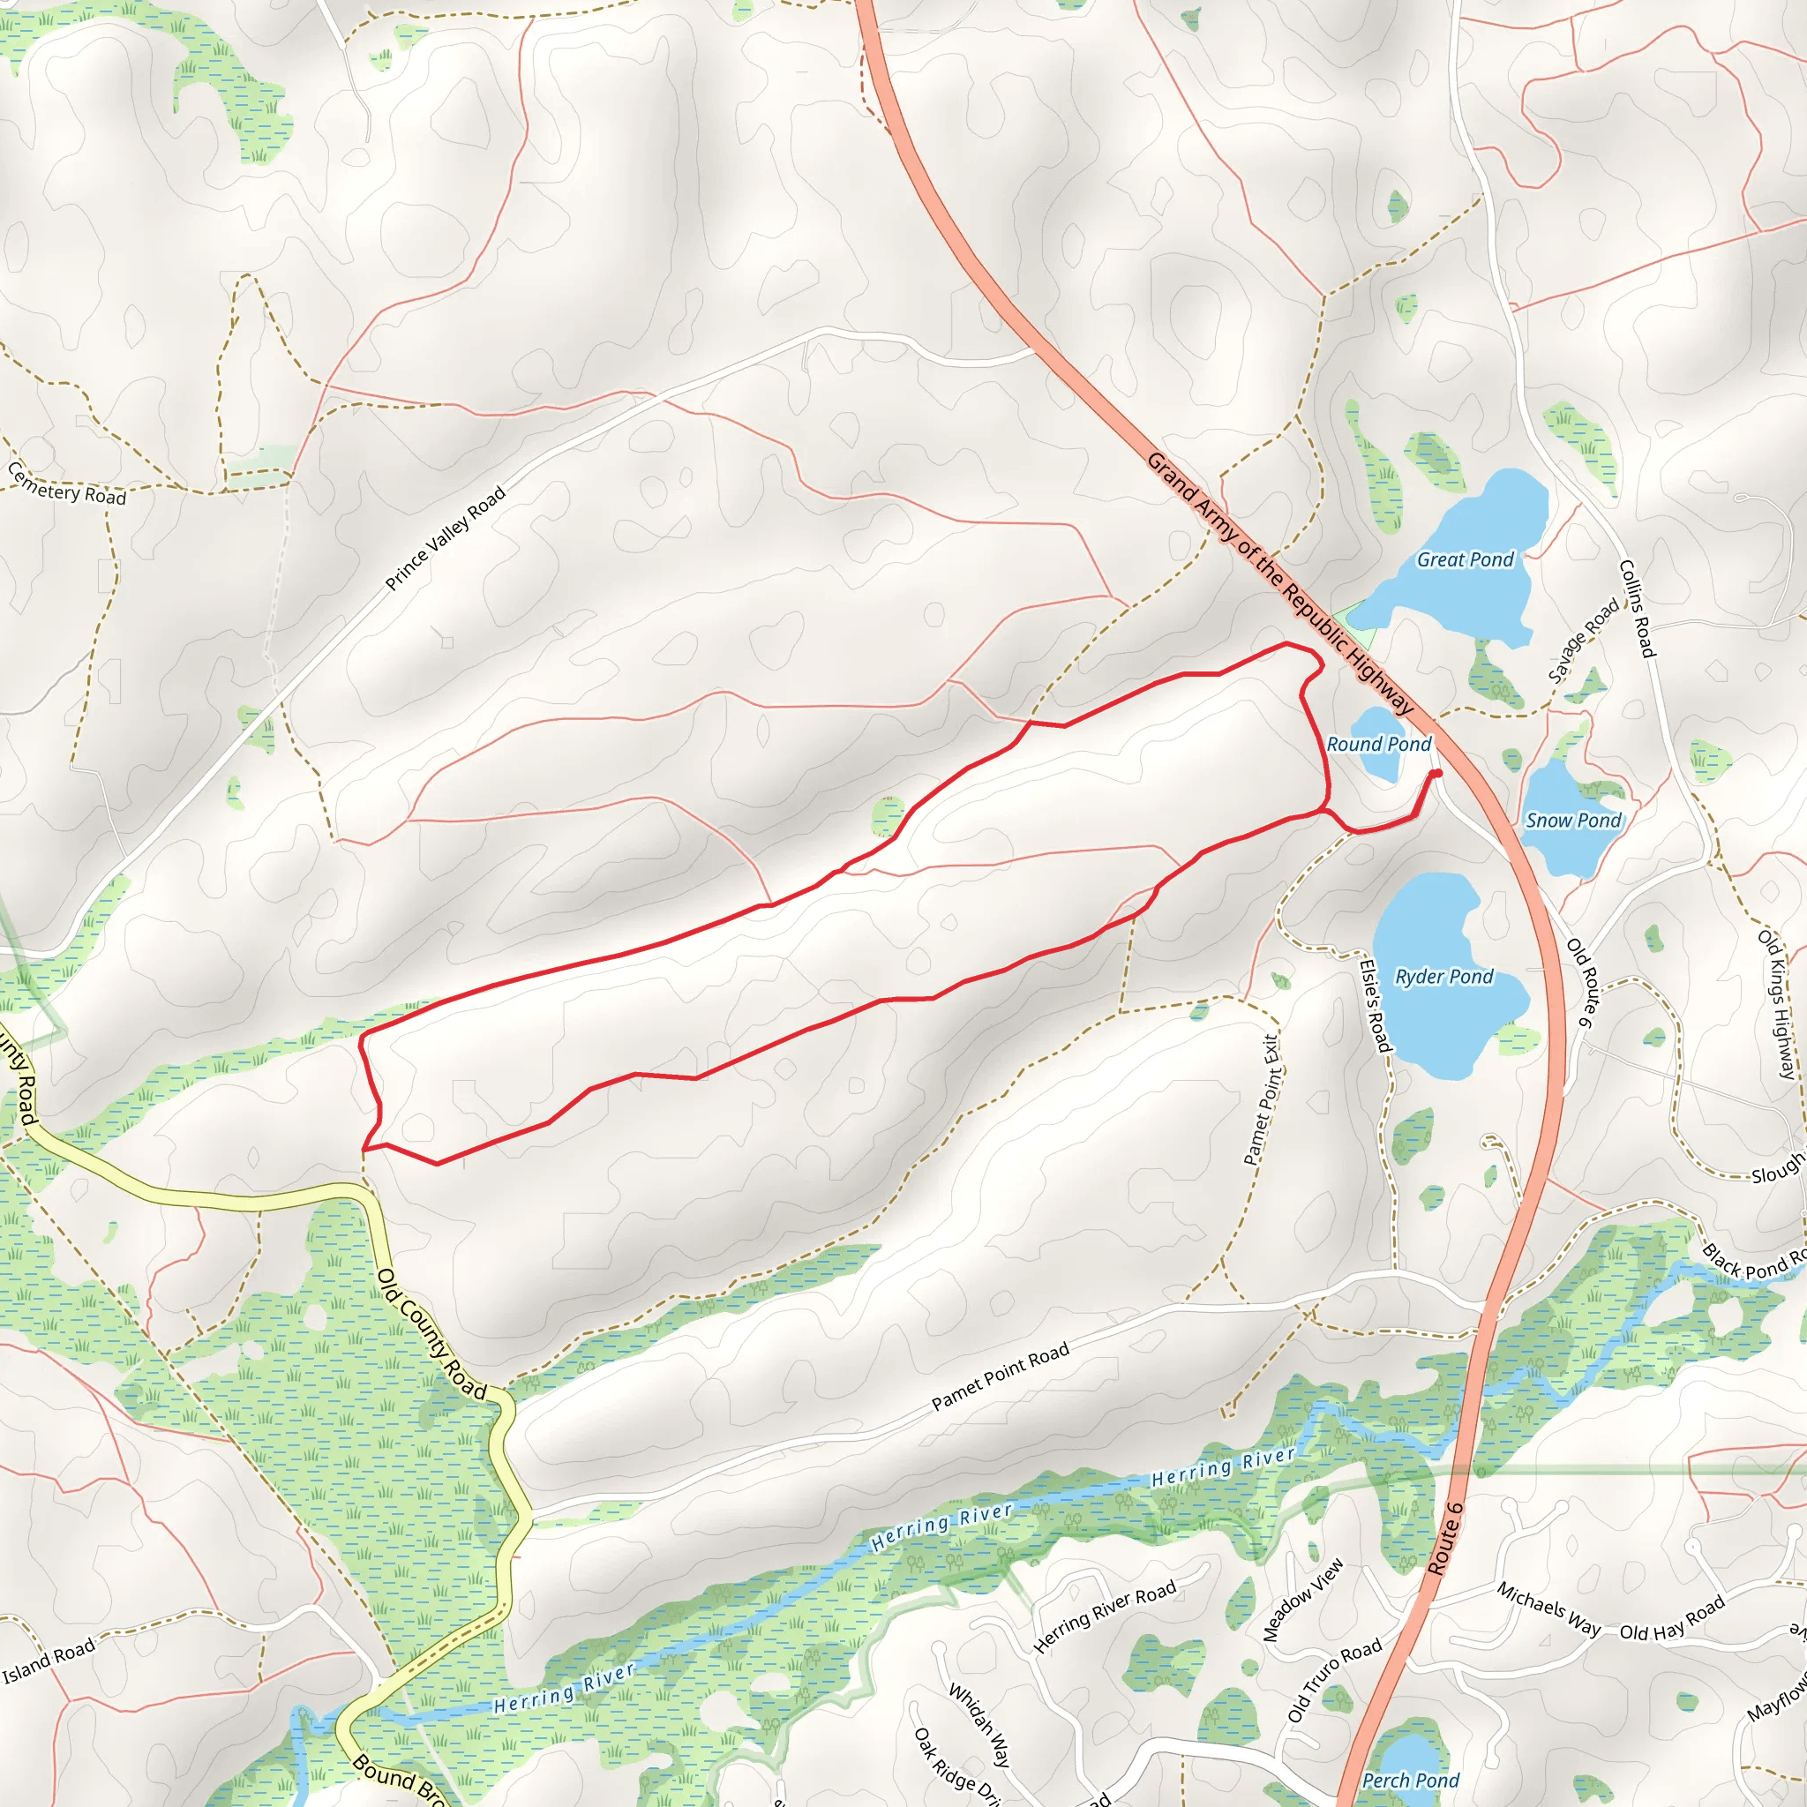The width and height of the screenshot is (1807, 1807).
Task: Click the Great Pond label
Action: point(1465,559)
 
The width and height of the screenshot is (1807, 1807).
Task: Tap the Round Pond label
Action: point(1379,744)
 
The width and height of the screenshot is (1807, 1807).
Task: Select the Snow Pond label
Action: point(1573,821)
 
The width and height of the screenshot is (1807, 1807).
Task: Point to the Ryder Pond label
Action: point(1444,977)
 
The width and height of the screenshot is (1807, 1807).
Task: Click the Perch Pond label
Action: point(1411,1781)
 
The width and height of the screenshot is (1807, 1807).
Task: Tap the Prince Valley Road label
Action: point(446,538)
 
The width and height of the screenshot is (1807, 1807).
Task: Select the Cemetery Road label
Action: point(66,484)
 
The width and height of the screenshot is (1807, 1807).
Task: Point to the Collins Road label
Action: point(1638,608)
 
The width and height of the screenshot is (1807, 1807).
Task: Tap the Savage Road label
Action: point(1583,641)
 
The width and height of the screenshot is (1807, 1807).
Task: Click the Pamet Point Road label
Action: point(1000,1376)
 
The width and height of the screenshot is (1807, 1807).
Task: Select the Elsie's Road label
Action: point(1374,1004)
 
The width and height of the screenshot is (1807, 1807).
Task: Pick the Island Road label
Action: point(49,1661)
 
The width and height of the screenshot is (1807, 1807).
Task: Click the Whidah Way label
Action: point(979,1726)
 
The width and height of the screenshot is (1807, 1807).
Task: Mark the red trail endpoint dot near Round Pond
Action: point(1436,773)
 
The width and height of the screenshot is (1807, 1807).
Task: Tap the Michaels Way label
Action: point(1548,1608)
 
